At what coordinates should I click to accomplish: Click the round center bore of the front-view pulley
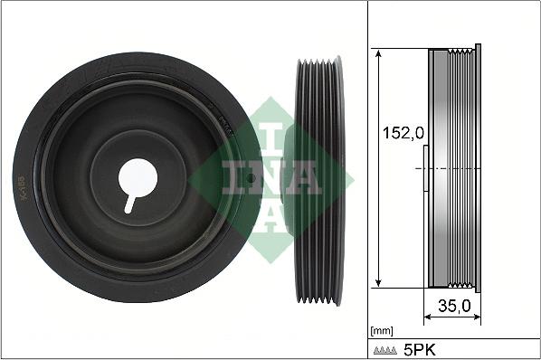140,175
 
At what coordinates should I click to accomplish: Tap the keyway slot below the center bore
132,200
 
